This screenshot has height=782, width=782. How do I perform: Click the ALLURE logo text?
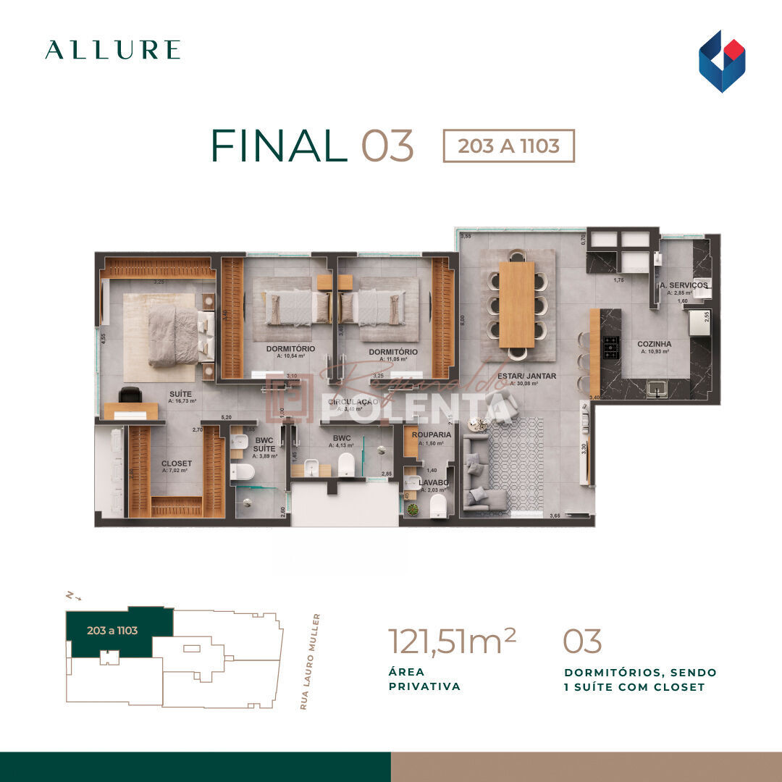point(112,50)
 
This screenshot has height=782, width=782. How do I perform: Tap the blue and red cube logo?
point(721,61)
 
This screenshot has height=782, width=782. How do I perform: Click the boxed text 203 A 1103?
point(508,146)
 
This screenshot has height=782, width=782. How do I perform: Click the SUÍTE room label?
point(181,394)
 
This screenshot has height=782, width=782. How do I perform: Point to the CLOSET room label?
point(177,463)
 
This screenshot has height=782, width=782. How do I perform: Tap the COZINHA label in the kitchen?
point(654,345)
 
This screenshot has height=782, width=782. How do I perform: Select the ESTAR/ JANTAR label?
point(526,376)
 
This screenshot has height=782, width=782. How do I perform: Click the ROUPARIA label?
point(432,435)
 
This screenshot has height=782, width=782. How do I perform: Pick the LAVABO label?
point(433,482)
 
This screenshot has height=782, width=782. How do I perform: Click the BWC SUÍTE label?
point(264,444)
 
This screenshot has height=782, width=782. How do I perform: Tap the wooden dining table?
point(517,304)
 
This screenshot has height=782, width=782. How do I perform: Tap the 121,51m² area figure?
point(452,641)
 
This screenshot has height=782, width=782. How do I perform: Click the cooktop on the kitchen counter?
point(611,350)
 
